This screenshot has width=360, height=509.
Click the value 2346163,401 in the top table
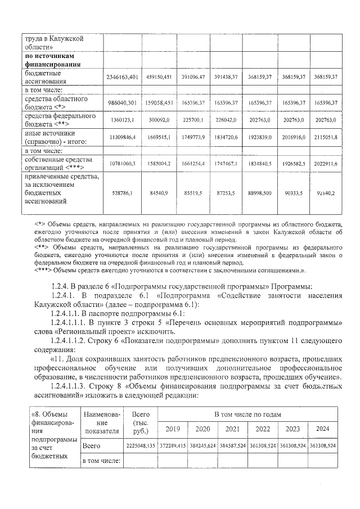[x=122, y=76]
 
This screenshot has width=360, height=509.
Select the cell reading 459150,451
[x=159, y=76]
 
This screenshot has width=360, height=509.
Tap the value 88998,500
[x=260, y=192]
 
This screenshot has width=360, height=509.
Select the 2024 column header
[x=323, y=429]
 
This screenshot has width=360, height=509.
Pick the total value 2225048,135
[x=140, y=445]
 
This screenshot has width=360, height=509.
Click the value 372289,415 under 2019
[x=173, y=445]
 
